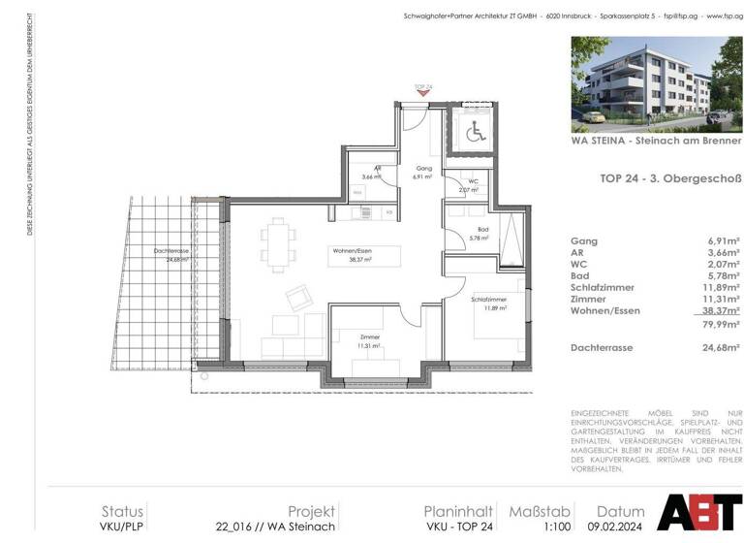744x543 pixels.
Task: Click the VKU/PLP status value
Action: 122,527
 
